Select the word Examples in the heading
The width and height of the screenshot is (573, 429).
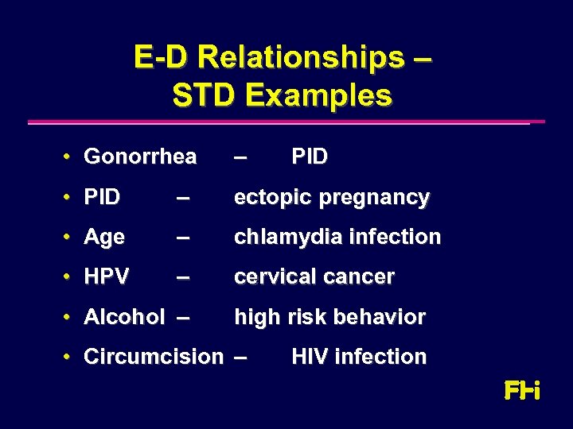[x=318, y=95]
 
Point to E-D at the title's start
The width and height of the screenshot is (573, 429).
[x=161, y=57]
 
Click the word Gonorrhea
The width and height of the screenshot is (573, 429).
[x=139, y=157]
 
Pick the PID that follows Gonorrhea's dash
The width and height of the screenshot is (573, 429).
[x=310, y=157]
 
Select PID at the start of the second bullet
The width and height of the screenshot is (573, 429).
[x=102, y=197]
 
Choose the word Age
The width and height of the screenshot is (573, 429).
[x=104, y=238]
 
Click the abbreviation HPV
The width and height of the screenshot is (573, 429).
[x=106, y=277]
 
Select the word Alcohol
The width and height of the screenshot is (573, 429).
[x=124, y=317]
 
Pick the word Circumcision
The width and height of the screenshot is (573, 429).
[x=154, y=357]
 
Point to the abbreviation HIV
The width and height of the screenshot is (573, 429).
[x=309, y=357]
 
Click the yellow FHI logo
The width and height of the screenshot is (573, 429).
[x=522, y=391]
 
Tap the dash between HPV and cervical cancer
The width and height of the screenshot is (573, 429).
[x=184, y=277]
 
